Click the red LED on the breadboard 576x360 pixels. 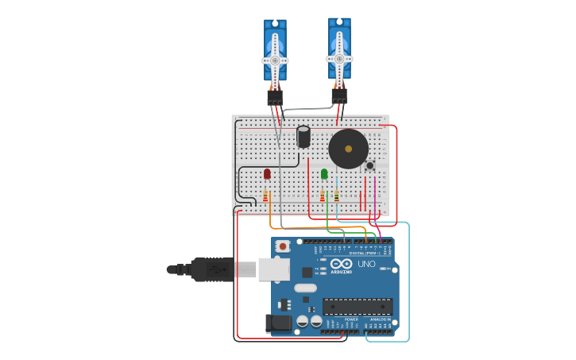tap(267, 173)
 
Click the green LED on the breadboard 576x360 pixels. tap(324, 173)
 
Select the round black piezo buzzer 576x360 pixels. tap(349, 149)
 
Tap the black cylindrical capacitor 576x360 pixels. tap(303, 137)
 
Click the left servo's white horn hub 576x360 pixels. tap(275, 60)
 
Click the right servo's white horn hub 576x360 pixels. tap(339, 59)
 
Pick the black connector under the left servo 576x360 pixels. tap(275, 97)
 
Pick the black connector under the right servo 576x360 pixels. tap(339, 95)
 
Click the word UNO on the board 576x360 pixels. tap(366, 264)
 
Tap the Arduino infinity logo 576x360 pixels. tap(342, 264)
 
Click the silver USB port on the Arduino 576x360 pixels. tap(273, 269)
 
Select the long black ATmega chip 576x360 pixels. tap(358, 306)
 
